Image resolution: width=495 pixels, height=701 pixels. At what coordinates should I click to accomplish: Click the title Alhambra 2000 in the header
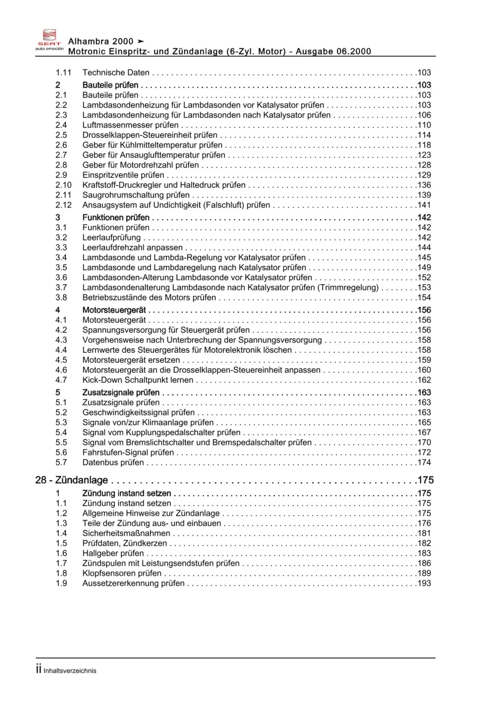[101, 42]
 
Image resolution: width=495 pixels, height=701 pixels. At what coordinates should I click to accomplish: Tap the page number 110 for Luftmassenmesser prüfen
[424, 125]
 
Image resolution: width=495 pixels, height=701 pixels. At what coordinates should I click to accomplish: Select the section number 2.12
[63, 205]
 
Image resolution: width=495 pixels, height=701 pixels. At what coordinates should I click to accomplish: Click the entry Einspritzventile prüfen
[123, 175]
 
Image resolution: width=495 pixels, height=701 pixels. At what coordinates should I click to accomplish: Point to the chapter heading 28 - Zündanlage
[71, 480]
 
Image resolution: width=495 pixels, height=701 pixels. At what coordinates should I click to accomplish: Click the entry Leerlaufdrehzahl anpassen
[132, 248]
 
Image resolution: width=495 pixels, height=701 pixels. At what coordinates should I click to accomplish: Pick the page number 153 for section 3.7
[424, 288]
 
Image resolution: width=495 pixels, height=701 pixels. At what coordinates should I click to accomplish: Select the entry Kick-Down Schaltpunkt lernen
[138, 380]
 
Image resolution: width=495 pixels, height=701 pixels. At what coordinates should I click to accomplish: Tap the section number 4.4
[61, 350]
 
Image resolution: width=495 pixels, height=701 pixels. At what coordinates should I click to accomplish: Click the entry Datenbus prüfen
[113, 462]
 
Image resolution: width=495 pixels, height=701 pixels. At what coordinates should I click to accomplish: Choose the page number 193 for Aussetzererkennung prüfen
[424, 583]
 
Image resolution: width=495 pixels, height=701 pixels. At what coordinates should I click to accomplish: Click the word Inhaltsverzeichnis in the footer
[70, 671]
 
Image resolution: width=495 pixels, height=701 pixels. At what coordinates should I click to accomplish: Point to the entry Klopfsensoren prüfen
[122, 574]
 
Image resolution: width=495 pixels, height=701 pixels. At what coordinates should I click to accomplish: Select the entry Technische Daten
[115, 72]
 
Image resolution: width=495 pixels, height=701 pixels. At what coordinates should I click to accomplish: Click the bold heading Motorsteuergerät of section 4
[114, 310]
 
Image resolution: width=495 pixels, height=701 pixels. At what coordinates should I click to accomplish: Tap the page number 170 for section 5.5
[424, 443]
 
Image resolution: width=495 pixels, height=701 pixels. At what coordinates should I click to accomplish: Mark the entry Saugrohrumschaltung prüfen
[136, 195]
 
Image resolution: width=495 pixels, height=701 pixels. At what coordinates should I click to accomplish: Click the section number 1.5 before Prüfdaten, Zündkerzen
[61, 543]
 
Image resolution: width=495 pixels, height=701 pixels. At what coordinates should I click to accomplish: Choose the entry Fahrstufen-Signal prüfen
[128, 452]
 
